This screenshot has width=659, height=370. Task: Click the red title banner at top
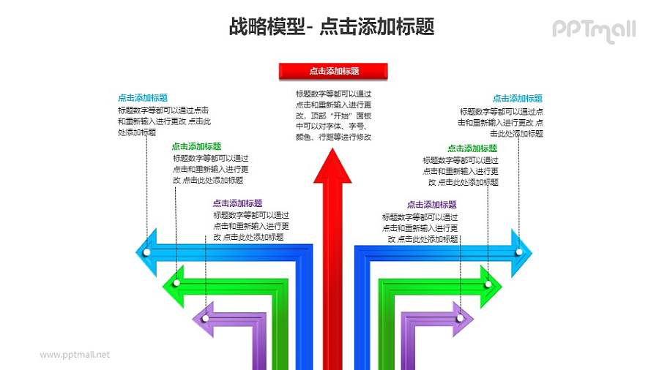[x=333, y=71]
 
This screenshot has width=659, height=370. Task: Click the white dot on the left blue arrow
[x=147, y=252]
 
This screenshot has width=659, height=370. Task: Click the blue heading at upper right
[x=517, y=98]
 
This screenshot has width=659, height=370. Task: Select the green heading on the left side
[x=196, y=146]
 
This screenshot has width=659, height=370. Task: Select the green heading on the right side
[x=472, y=148]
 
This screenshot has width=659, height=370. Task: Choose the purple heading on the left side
[x=237, y=203]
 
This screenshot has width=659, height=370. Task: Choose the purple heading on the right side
[x=431, y=205]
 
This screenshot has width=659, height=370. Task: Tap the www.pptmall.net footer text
[x=75, y=355]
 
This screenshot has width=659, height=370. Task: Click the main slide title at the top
[x=331, y=27]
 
